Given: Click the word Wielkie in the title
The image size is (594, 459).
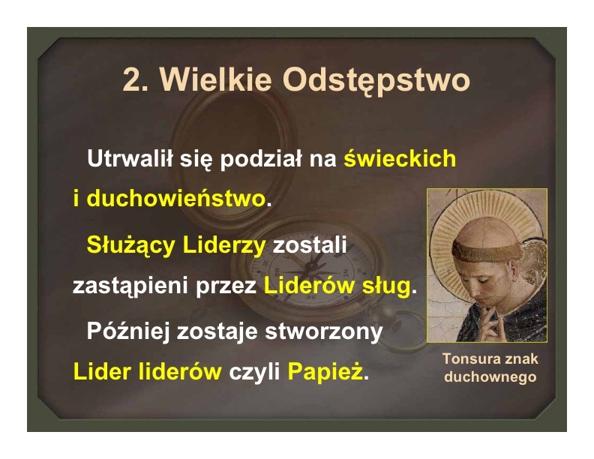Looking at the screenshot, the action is (215, 80).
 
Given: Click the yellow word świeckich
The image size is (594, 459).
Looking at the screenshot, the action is (400, 157).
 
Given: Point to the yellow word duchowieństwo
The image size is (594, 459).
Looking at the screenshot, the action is (175, 198).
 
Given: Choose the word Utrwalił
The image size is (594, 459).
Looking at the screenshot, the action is (130, 157).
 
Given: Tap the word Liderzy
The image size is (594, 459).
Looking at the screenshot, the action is (224, 245).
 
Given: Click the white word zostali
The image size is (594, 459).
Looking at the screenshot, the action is (310, 244).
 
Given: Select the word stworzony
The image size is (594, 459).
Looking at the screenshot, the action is (323, 332).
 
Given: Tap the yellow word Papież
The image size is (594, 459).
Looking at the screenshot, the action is (325, 371).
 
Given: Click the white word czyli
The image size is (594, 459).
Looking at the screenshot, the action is (254, 372).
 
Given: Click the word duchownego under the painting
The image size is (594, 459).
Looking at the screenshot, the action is (490, 376).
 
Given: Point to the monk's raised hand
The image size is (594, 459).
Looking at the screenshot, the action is (490, 322).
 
